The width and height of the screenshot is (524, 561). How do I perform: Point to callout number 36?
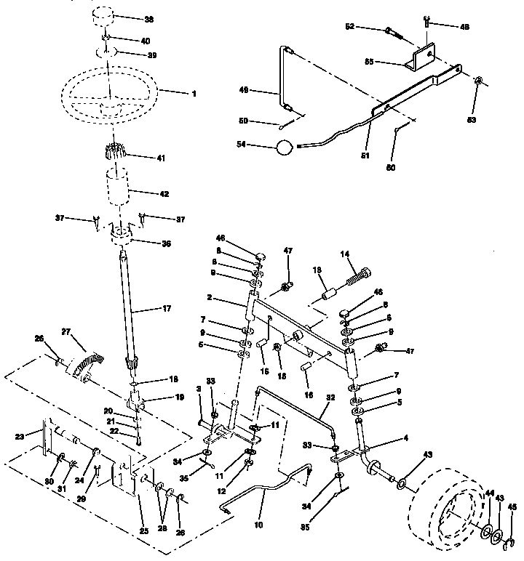click(x=166, y=244)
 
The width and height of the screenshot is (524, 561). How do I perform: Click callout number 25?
click(x=143, y=532)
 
